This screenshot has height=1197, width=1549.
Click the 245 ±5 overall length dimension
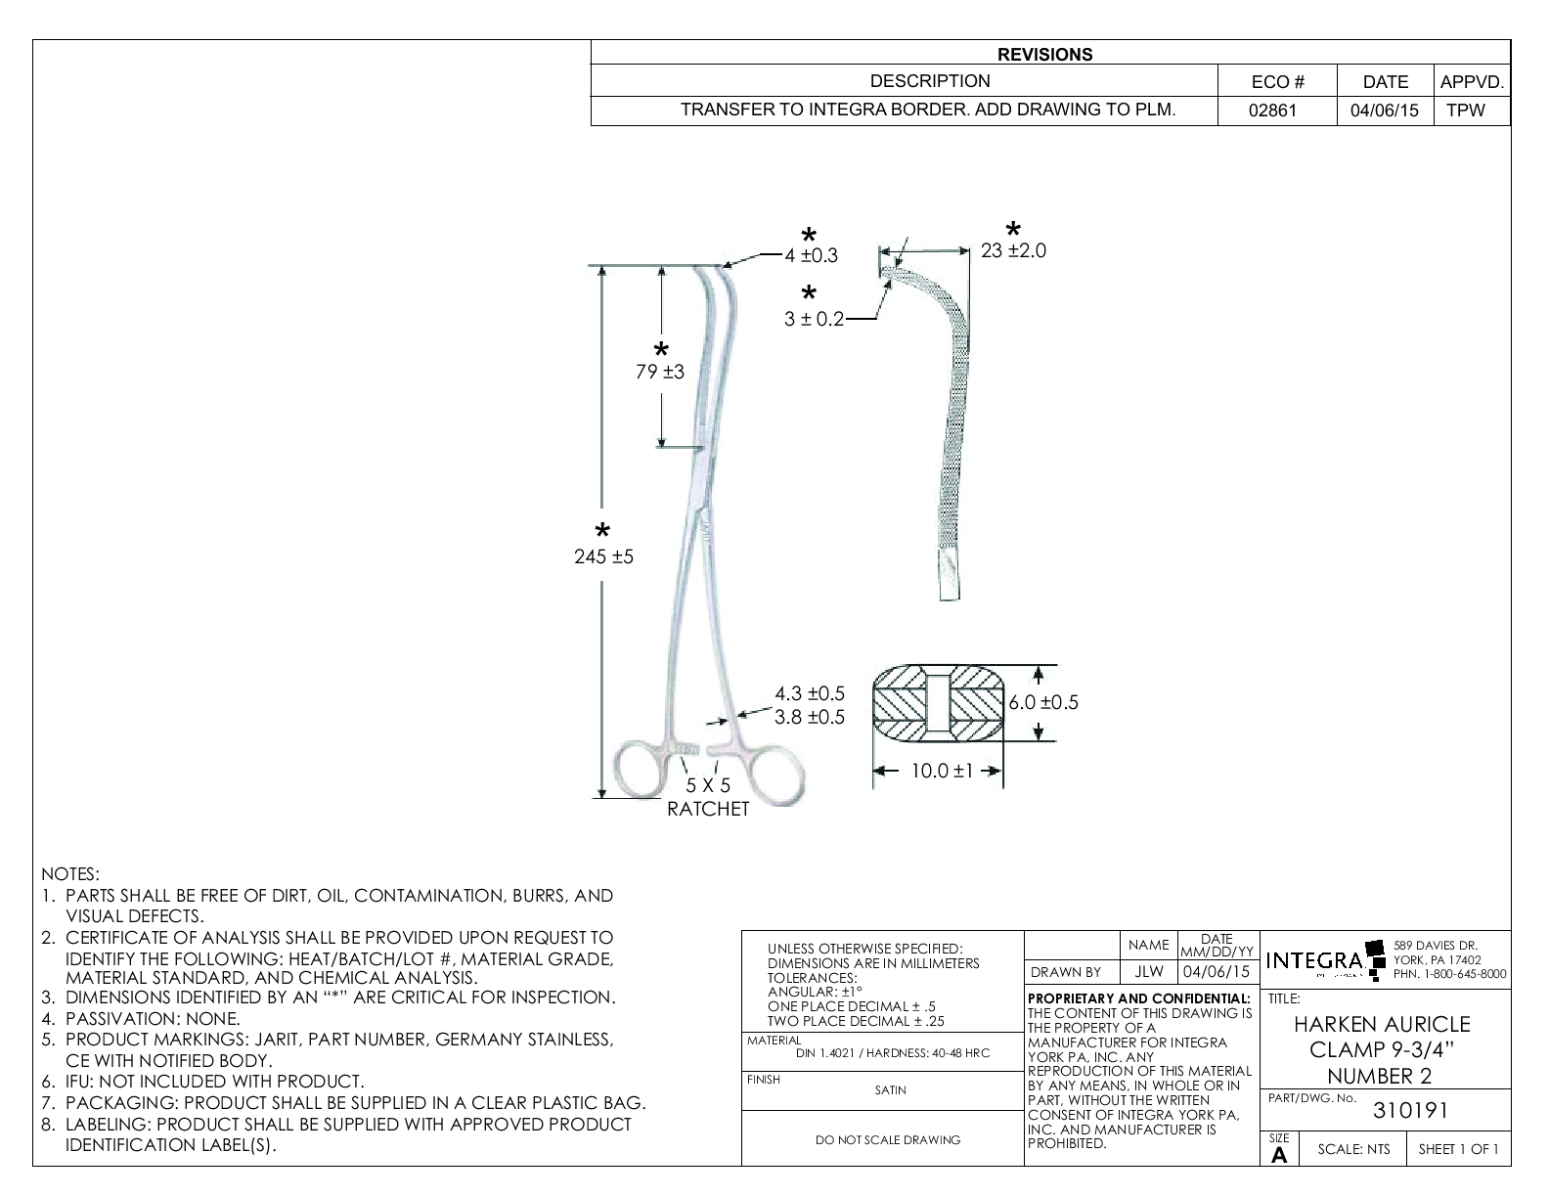(x=603, y=556)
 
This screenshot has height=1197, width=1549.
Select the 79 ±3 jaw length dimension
(x=661, y=372)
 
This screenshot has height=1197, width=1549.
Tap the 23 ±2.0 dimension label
(x=1013, y=250)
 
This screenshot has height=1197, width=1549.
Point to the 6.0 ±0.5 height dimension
(x=1043, y=702)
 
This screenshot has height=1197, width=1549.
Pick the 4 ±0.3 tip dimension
(x=811, y=256)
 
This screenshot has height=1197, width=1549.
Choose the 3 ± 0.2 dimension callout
(x=813, y=319)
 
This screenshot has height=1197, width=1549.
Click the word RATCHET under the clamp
(x=707, y=809)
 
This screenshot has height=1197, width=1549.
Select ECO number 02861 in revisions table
(x=1273, y=111)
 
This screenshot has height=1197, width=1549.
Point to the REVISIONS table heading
(x=1044, y=55)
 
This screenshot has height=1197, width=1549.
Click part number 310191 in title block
(x=1410, y=1111)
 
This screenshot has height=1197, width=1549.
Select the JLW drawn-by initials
(x=1149, y=972)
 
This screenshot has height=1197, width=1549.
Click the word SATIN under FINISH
(x=890, y=1090)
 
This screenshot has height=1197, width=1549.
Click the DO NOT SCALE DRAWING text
(x=888, y=1139)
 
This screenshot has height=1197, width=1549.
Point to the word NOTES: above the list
(x=70, y=873)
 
